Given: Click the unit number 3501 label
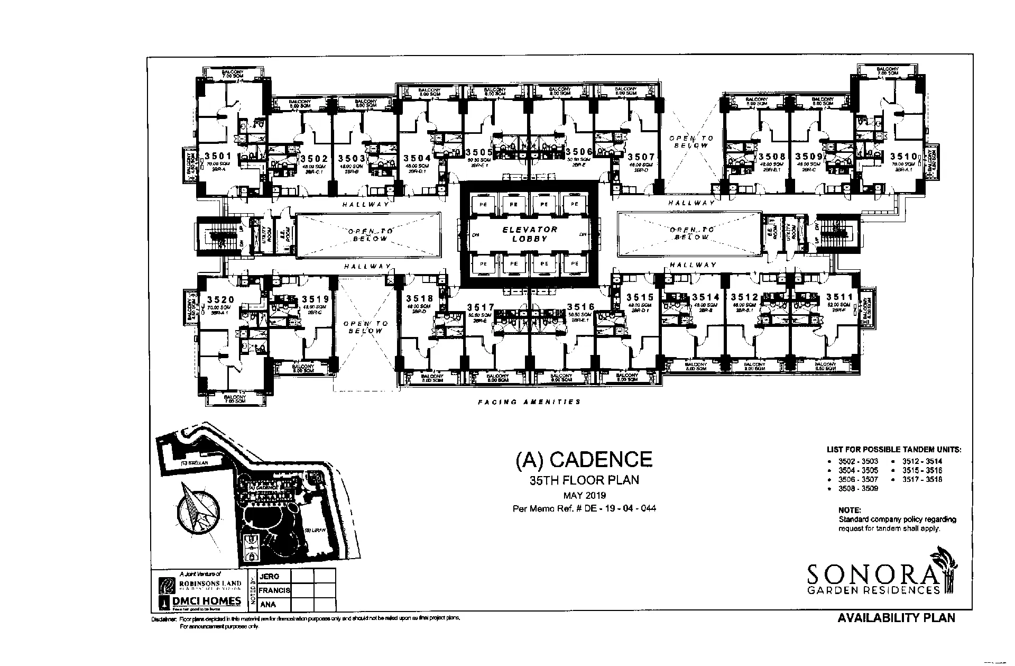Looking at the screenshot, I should pos(218,156).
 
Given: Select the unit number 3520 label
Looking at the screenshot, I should pos(220,299).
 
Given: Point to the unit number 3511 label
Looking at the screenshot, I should pos(840,297).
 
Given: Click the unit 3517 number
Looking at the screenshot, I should pos(481,307).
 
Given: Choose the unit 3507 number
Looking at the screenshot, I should pos(641,157).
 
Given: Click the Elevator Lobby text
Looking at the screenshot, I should pos(530,234).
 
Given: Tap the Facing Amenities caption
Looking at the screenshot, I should pos(529,402).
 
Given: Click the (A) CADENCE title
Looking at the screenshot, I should pos(584,459).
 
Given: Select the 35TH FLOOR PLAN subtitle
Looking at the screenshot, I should pos(584,480).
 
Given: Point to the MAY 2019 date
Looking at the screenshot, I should pos(584,496).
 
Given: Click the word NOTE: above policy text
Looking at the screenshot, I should pos(849,510).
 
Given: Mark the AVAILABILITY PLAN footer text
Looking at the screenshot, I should pos(896,618).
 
